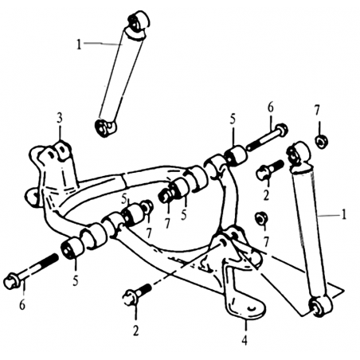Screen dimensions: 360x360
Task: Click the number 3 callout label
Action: [60, 119]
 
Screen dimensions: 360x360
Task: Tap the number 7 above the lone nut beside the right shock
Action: [316, 111]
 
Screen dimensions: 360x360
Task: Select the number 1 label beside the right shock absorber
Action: [343, 214]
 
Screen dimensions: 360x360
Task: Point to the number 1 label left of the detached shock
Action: [79, 45]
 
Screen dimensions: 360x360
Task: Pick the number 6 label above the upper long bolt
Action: [270, 108]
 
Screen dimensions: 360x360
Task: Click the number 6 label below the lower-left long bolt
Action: [22, 304]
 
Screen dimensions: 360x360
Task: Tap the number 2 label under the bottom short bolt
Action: [136, 331]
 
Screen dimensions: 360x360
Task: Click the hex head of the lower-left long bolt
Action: [11, 282]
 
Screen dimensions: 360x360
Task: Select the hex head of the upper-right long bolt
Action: [281, 131]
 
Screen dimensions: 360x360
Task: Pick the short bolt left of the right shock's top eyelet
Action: [269, 170]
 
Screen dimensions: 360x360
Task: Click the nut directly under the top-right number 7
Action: [322, 142]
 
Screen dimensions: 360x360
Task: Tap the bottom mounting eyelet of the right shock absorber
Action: [320, 307]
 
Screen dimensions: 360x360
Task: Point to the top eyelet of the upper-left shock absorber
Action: [138, 22]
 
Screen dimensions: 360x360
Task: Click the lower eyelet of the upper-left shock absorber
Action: [105, 127]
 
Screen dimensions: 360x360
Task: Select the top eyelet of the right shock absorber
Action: [298, 154]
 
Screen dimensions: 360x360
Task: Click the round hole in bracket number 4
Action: [252, 308]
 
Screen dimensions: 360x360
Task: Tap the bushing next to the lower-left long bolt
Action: [72, 248]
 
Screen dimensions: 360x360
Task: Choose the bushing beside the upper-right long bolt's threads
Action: [236, 155]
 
